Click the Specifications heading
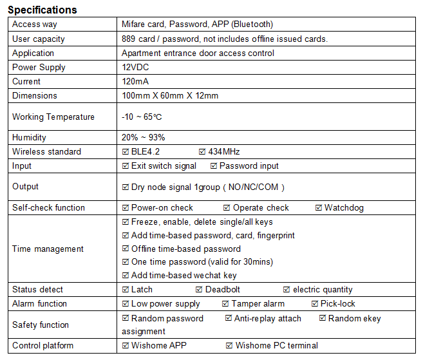tap(42, 10)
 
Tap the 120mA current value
tap(135, 81)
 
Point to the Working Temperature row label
tap(53, 117)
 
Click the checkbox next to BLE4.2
tap(126, 151)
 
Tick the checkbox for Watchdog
tap(319, 207)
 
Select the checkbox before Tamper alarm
tap(226, 303)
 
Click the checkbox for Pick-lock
tap(315, 303)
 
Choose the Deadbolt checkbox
tap(200, 289)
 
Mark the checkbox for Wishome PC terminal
tap(229, 345)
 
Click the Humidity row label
tap(30, 137)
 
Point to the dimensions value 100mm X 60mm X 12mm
tap(170, 95)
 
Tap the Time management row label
tap(48, 249)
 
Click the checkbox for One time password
tap(126, 261)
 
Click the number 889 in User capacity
tap(129, 39)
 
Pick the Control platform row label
tap(42, 345)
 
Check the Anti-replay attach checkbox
tap(229, 318)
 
